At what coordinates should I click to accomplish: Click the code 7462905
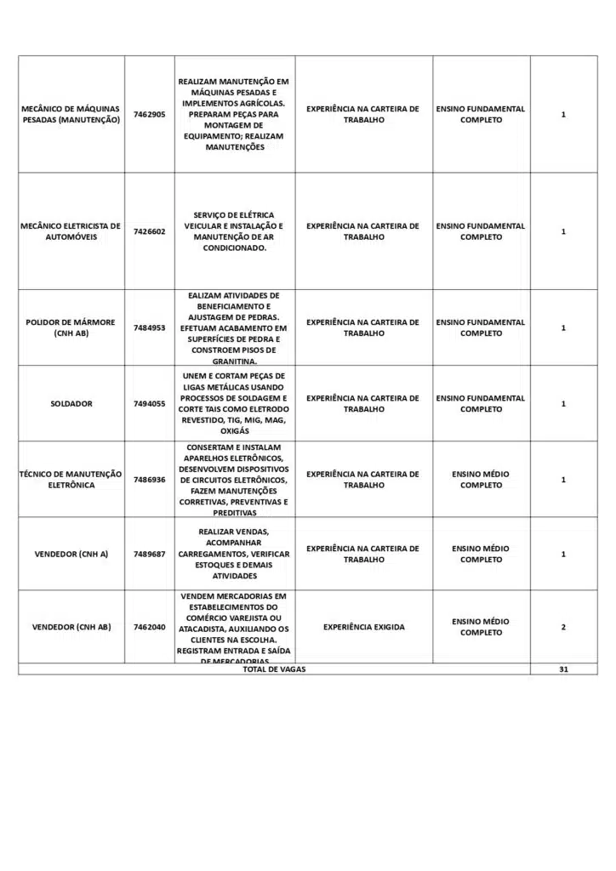point(150,114)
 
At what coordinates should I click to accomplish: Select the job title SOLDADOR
point(71,404)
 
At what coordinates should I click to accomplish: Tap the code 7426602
point(150,231)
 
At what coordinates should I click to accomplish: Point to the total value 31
point(563,669)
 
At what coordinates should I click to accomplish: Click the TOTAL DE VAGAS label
point(274,669)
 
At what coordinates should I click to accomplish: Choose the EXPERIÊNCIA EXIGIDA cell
point(363,627)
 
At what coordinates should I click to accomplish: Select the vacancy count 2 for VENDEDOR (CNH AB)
point(563,627)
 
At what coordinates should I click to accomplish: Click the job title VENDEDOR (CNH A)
point(71,554)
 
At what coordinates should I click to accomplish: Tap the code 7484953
point(150,327)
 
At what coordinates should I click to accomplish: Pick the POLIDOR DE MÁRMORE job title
point(71,327)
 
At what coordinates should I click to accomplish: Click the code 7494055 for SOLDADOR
point(150,404)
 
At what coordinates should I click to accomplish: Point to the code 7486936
point(150,480)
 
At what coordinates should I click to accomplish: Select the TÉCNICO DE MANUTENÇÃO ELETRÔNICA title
point(71,480)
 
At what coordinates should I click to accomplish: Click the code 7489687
point(150,554)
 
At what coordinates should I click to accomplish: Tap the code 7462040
point(150,627)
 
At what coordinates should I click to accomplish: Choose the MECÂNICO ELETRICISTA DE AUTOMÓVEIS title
point(71,231)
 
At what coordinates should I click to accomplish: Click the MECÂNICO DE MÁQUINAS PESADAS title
point(71,114)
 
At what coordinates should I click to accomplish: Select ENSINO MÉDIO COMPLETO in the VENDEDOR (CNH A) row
point(482,554)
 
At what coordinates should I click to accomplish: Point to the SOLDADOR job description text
point(235,403)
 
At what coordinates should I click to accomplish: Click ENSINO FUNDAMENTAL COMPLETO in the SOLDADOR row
point(482,403)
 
